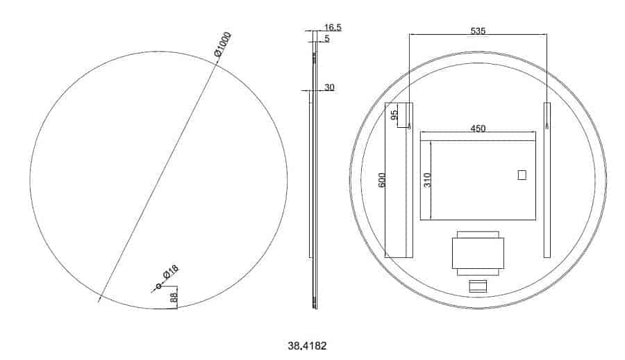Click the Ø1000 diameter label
click(222, 44)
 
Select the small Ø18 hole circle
click(158, 286)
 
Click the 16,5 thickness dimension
click(333, 27)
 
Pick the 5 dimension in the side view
click(327, 38)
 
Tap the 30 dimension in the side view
click(329, 87)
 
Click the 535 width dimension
click(478, 31)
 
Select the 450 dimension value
click(478, 129)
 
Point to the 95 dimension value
click(394, 115)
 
